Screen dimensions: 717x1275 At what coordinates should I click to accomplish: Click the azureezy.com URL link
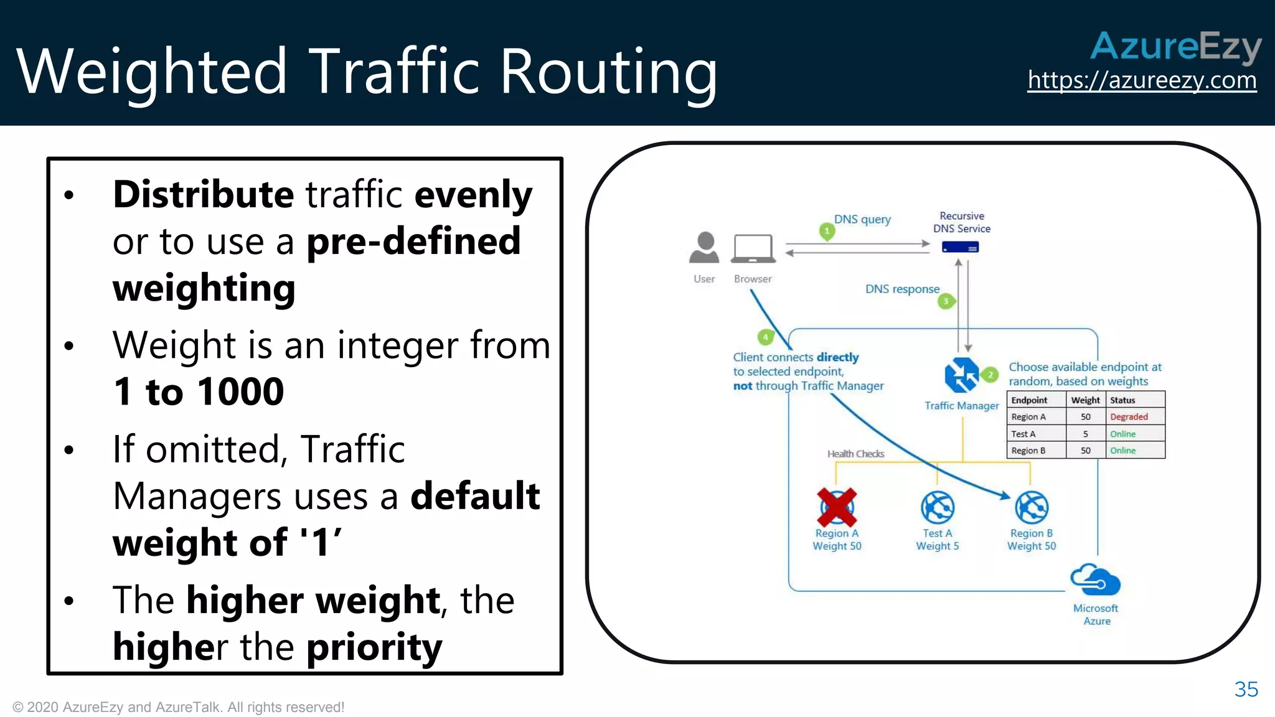[x=1142, y=81]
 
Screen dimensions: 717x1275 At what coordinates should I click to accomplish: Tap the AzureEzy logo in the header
[x=1175, y=47]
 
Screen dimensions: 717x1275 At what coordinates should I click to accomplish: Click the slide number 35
[x=1246, y=690]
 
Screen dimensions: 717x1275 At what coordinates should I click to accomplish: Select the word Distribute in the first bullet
[x=203, y=195]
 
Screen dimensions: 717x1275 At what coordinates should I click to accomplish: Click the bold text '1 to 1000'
[x=199, y=392]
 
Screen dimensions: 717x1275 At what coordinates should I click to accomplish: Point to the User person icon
[x=704, y=248]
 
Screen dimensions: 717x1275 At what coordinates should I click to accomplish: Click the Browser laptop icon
[x=753, y=249]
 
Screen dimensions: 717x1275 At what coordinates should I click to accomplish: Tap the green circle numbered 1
[x=827, y=232]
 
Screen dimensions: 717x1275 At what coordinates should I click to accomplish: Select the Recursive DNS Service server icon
[x=960, y=248]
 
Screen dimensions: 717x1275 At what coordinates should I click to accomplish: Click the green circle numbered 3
[x=946, y=302]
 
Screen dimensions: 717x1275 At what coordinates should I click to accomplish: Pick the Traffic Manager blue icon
[x=961, y=375]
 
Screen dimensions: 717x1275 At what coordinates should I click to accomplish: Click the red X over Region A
[x=837, y=507]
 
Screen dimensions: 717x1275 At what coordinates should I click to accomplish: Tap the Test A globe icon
[x=938, y=507]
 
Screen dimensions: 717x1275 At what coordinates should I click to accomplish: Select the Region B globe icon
[x=1032, y=507]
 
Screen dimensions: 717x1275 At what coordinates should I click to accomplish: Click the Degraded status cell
[x=1128, y=417]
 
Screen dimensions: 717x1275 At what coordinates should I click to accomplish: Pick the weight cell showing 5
[x=1085, y=434]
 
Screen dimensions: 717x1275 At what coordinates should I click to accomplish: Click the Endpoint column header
[x=1029, y=400]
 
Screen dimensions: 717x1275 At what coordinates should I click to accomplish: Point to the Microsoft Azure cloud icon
[x=1095, y=581]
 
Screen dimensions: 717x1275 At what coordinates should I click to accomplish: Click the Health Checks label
[x=855, y=454]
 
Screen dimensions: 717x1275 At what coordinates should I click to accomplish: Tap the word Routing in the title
[x=608, y=72]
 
